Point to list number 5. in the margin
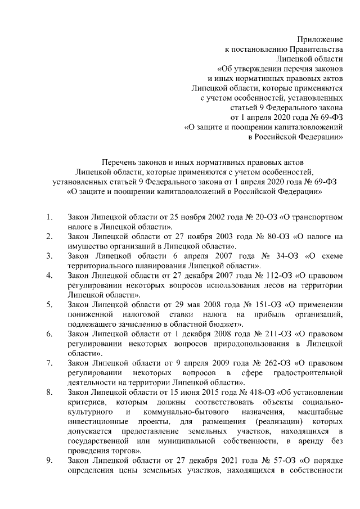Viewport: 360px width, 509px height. tap(49, 304)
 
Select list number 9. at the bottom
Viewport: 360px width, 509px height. tap(49, 461)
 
